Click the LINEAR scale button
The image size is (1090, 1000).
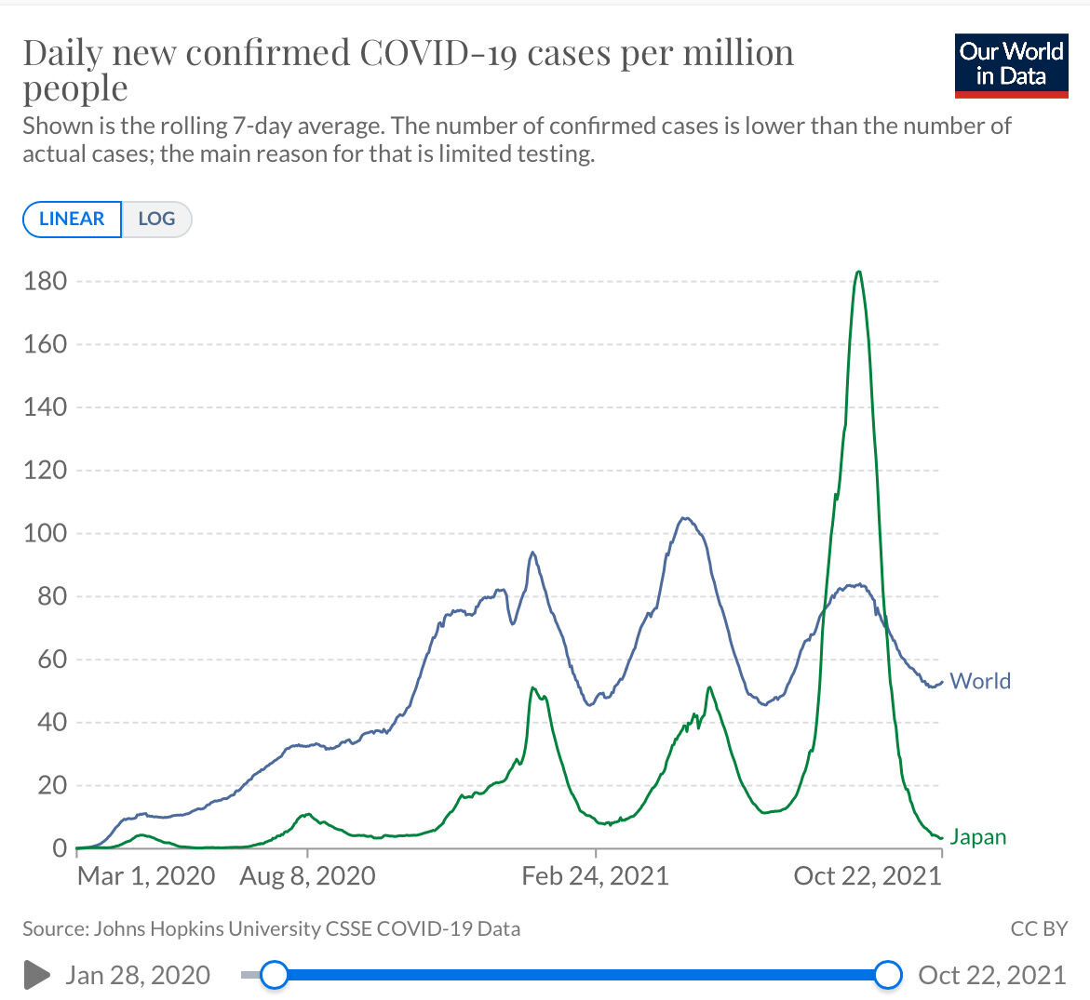click(72, 220)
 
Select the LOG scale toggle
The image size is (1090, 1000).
click(156, 220)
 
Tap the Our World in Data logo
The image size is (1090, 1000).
click(1011, 65)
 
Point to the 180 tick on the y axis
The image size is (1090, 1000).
click(46, 281)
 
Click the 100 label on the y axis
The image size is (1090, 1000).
click(46, 533)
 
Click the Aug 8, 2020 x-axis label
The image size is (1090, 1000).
click(307, 875)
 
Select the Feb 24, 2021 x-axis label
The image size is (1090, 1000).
click(595, 875)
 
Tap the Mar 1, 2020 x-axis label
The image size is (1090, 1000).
click(146, 875)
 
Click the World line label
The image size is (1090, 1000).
click(980, 681)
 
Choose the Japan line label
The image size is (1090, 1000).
click(977, 836)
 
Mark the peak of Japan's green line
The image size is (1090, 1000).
click(858, 272)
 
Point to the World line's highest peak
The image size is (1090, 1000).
click(685, 518)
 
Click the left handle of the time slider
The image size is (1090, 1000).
click(274, 975)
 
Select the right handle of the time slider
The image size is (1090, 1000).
click(889, 975)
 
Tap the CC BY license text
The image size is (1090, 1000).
click(1039, 928)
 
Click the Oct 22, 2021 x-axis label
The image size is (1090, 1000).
click(868, 875)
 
